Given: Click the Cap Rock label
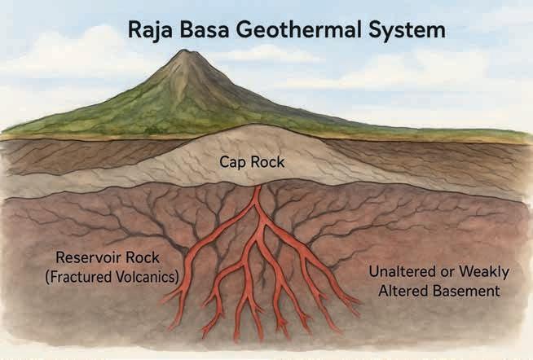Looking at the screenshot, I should pos(252,162).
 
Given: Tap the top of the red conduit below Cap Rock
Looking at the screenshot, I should pos(258,189).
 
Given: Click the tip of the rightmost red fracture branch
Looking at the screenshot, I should pos(358,311).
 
